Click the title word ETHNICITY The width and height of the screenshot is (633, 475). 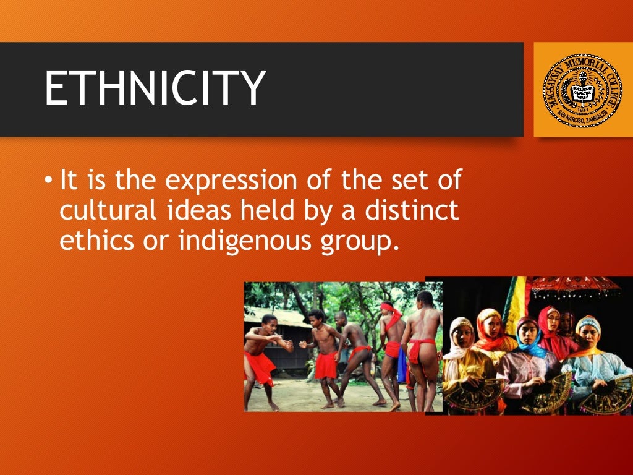coord(155,88)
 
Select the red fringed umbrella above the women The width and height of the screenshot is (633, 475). coord(575,285)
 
